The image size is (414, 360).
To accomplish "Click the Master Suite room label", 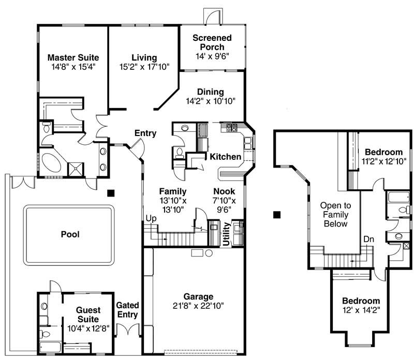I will tap(73, 57).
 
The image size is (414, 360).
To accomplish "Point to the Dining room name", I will tap(210, 92).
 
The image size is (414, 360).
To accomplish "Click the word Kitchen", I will tap(225, 156).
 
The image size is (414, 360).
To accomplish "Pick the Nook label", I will tap(224, 191).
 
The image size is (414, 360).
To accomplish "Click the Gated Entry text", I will tap(127, 310).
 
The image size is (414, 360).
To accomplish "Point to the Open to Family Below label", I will tap(334, 214).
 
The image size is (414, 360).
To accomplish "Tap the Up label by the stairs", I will tap(151, 218).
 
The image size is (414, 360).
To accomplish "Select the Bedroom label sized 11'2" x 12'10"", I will tap(383, 152).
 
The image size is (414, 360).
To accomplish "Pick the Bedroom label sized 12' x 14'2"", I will tap(361, 301).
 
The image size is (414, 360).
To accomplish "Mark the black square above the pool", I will tap(110, 193).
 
